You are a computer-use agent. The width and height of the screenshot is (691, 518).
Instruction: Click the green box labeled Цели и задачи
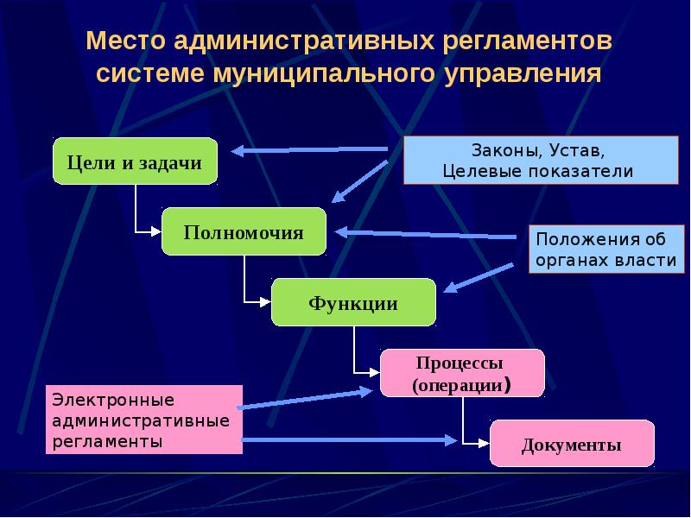135,161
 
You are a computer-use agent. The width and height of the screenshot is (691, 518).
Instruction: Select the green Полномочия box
244,231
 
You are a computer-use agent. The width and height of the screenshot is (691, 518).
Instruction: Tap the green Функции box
353,303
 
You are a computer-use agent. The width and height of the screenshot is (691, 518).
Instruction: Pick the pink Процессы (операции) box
462,373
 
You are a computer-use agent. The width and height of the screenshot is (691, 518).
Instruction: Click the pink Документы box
572,444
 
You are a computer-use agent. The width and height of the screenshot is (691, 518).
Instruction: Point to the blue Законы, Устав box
541,160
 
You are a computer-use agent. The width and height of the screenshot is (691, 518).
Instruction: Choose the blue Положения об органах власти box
606,250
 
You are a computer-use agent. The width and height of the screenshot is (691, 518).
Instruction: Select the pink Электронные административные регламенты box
144,420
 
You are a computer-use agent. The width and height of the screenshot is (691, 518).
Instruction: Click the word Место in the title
125,41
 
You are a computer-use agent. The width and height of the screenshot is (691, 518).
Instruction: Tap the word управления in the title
523,73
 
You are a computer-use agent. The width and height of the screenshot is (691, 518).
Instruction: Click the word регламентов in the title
527,41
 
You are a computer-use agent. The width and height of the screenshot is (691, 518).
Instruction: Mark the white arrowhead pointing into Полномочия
156,231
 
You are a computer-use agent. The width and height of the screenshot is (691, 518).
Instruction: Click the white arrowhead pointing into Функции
266,301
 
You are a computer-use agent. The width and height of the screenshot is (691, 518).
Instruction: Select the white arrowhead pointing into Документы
485,444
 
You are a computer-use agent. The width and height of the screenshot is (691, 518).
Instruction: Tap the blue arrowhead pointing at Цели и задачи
238,151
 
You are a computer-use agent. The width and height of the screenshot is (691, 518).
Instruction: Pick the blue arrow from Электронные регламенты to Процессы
306,399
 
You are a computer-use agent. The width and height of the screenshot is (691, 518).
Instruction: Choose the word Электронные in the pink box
113,401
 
